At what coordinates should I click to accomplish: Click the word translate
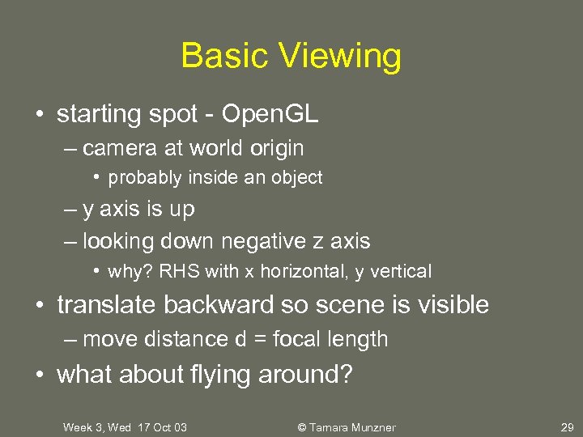[x=107, y=305]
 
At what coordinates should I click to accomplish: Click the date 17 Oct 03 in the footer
[x=161, y=427]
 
